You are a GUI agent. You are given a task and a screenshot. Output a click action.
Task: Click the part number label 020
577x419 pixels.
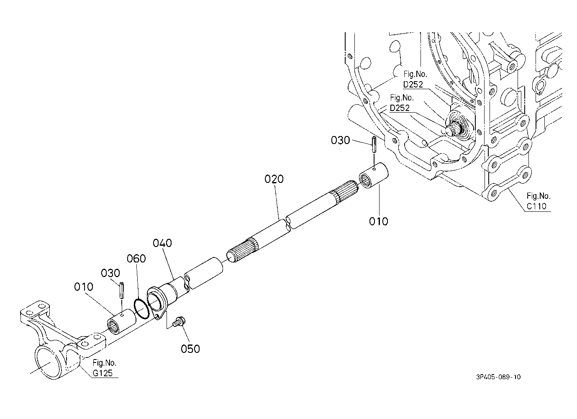click(x=274, y=179)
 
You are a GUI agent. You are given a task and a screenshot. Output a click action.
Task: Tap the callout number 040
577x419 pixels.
click(x=162, y=243)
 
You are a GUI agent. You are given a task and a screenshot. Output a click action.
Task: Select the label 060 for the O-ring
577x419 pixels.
click(x=136, y=258)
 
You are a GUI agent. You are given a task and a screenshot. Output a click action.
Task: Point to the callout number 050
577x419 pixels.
click(x=190, y=349)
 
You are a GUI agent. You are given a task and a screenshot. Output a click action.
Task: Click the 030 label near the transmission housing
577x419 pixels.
click(x=340, y=141)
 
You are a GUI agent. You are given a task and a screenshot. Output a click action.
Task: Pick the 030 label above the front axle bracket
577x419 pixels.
click(x=110, y=273)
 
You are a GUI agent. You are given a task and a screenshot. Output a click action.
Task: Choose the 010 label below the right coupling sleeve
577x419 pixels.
click(x=378, y=221)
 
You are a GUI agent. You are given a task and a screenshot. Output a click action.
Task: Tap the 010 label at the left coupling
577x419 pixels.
click(x=84, y=287)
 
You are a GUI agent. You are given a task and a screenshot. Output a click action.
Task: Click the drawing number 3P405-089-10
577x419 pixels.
click(x=498, y=377)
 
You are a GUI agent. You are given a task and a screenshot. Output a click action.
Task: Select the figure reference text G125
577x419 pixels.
click(x=103, y=373)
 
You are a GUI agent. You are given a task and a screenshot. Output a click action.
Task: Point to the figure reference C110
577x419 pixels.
click(x=536, y=206)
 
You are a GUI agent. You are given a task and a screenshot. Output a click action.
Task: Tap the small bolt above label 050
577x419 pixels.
click(x=178, y=322)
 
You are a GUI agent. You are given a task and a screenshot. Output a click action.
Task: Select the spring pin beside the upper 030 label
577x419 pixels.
click(x=374, y=145)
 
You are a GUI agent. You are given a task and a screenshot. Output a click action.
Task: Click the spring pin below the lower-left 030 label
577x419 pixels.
click(x=122, y=290)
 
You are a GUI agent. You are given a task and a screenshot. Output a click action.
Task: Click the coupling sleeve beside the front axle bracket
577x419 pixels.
click(x=122, y=322)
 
